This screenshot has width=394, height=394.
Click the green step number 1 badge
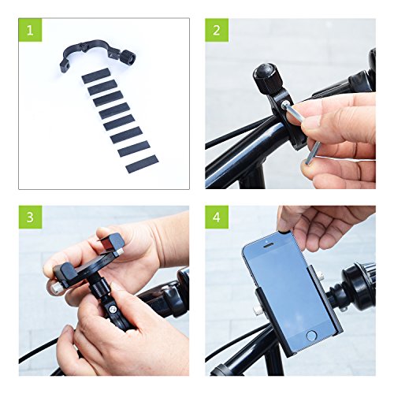click(x=30, y=30)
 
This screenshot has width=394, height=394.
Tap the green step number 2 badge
click(x=217, y=30)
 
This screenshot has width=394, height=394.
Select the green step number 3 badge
click(x=30, y=217)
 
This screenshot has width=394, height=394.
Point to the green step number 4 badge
click(x=217, y=217)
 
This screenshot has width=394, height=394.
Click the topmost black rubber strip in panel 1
click(x=95, y=76)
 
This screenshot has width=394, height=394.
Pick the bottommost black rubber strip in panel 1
click(x=142, y=164)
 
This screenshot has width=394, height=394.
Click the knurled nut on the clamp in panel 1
click(x=129, y=57)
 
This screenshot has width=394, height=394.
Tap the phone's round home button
click(x=311, y=336)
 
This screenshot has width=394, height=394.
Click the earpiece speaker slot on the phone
click(x=269, y=246)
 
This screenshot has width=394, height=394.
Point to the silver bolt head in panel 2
click(x=284, y=106)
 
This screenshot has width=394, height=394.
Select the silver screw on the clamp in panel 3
click(x=113, y=310)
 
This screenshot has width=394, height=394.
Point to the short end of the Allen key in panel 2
click(x=312, y=153)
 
